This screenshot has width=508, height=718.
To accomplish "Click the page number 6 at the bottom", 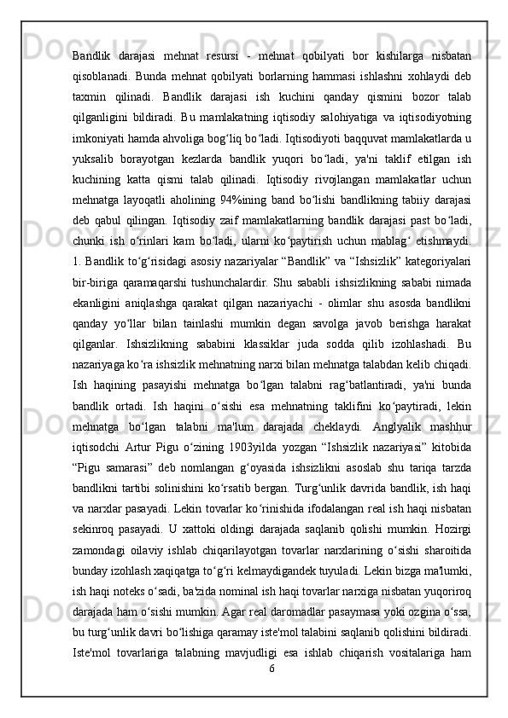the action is click(271, 669).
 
